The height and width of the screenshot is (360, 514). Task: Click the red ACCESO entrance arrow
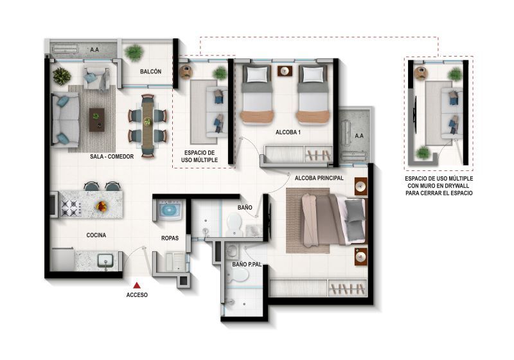(x=136, y=283)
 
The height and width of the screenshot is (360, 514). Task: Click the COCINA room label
(x=96, y=235)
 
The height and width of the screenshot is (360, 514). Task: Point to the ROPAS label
(x=169, y=239)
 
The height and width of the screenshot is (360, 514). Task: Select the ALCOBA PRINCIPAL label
(x=319, y=177)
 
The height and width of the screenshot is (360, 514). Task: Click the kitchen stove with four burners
(x=69, y=206)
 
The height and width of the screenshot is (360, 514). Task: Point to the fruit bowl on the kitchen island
(x=101, y=206)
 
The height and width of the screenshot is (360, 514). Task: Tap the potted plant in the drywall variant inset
(x=423, y=152)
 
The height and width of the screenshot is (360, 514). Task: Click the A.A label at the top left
(x=94, y=49)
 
